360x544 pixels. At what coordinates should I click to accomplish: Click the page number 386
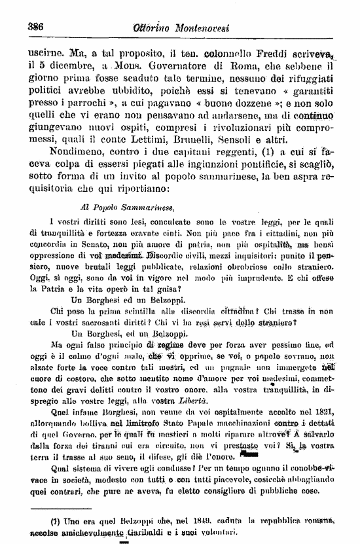click(33, 27)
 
